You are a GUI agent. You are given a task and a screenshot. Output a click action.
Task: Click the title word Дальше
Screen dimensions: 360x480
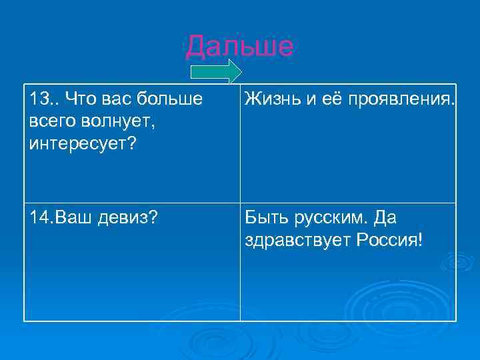click(239, 46)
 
